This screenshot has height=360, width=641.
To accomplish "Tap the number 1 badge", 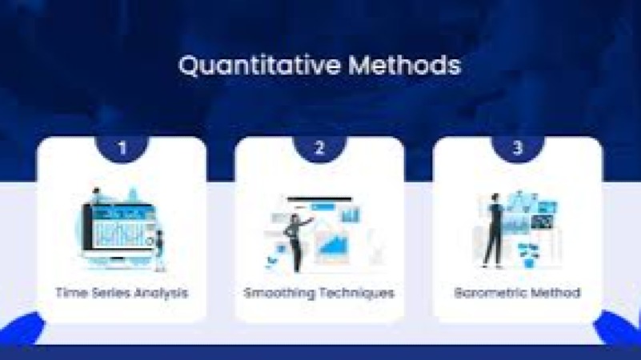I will (x=122, y=148).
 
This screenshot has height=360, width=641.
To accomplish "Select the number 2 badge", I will (x=320, y=148).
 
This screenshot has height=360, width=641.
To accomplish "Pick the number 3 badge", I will (x=518, y=148).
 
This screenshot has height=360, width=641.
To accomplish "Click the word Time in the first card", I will (x=69, y=293).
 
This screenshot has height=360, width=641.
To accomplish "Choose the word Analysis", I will (x=161, y=293).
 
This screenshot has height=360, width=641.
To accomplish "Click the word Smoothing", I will (x=279, y=293).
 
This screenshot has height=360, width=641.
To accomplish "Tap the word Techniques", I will (x=357, y=293).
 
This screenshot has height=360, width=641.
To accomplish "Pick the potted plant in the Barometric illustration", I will (x=527, y=254).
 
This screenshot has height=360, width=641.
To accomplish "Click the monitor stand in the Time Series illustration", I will (x=118, y=261).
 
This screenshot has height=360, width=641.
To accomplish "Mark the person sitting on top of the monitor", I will (x=97, y=197).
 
